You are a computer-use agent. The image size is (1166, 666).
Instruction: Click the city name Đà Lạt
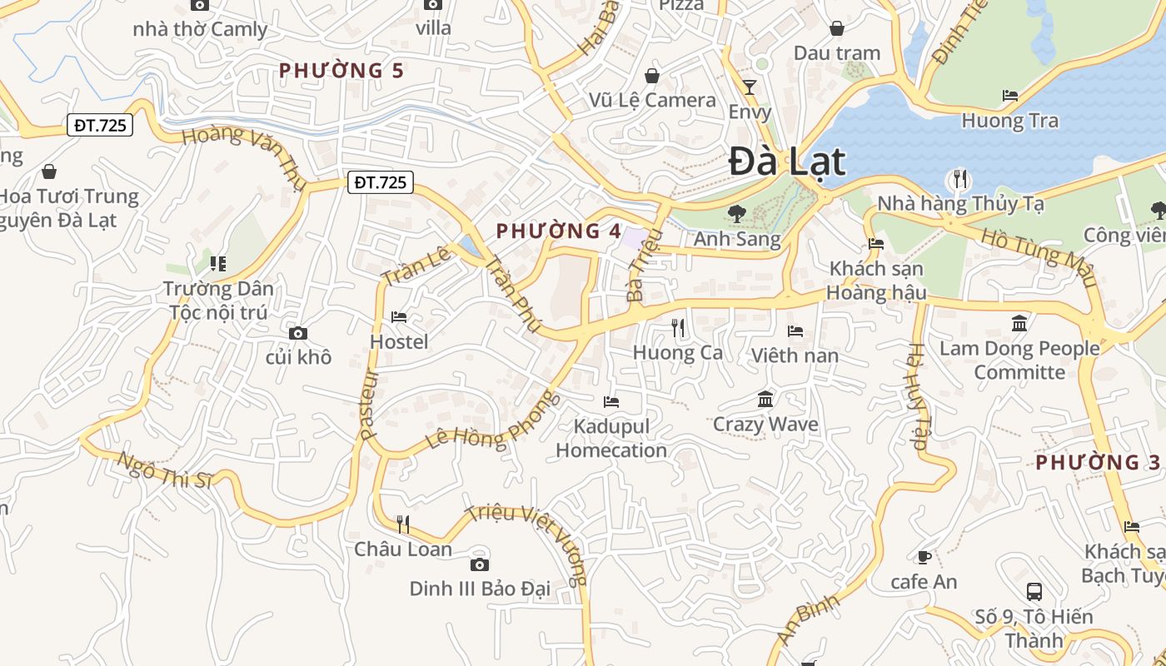tap(787, 162)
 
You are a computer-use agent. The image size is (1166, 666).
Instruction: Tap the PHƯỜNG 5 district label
tap(341, 71)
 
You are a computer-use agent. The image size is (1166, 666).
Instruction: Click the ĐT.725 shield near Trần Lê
tap(381, 182)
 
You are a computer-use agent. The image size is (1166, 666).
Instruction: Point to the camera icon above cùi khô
tap(298, 334)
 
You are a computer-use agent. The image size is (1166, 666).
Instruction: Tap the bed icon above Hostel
tap(399, 317)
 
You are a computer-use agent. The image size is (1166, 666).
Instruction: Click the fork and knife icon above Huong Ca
tap(678, 328)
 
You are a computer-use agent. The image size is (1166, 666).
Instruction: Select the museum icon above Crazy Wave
tap(765, 400)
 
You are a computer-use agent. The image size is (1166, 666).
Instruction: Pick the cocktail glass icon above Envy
tap(750, 87)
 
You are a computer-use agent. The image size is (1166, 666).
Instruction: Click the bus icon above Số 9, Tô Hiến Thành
tap(1034, 592)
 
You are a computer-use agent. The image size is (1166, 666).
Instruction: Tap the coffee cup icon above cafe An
tap(924, 557)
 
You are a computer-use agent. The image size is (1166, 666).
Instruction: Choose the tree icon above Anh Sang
tap(736, 214)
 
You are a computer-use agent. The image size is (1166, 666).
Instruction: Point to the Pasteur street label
tap(369, 405)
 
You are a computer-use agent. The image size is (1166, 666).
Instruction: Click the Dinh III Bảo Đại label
tap(480, 589)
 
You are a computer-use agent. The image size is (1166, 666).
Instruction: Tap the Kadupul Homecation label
tap(611, 438)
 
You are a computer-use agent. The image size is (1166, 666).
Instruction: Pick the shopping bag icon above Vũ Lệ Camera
tap(652, 76)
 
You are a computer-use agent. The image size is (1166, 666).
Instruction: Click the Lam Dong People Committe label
tap(1019, 360)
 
